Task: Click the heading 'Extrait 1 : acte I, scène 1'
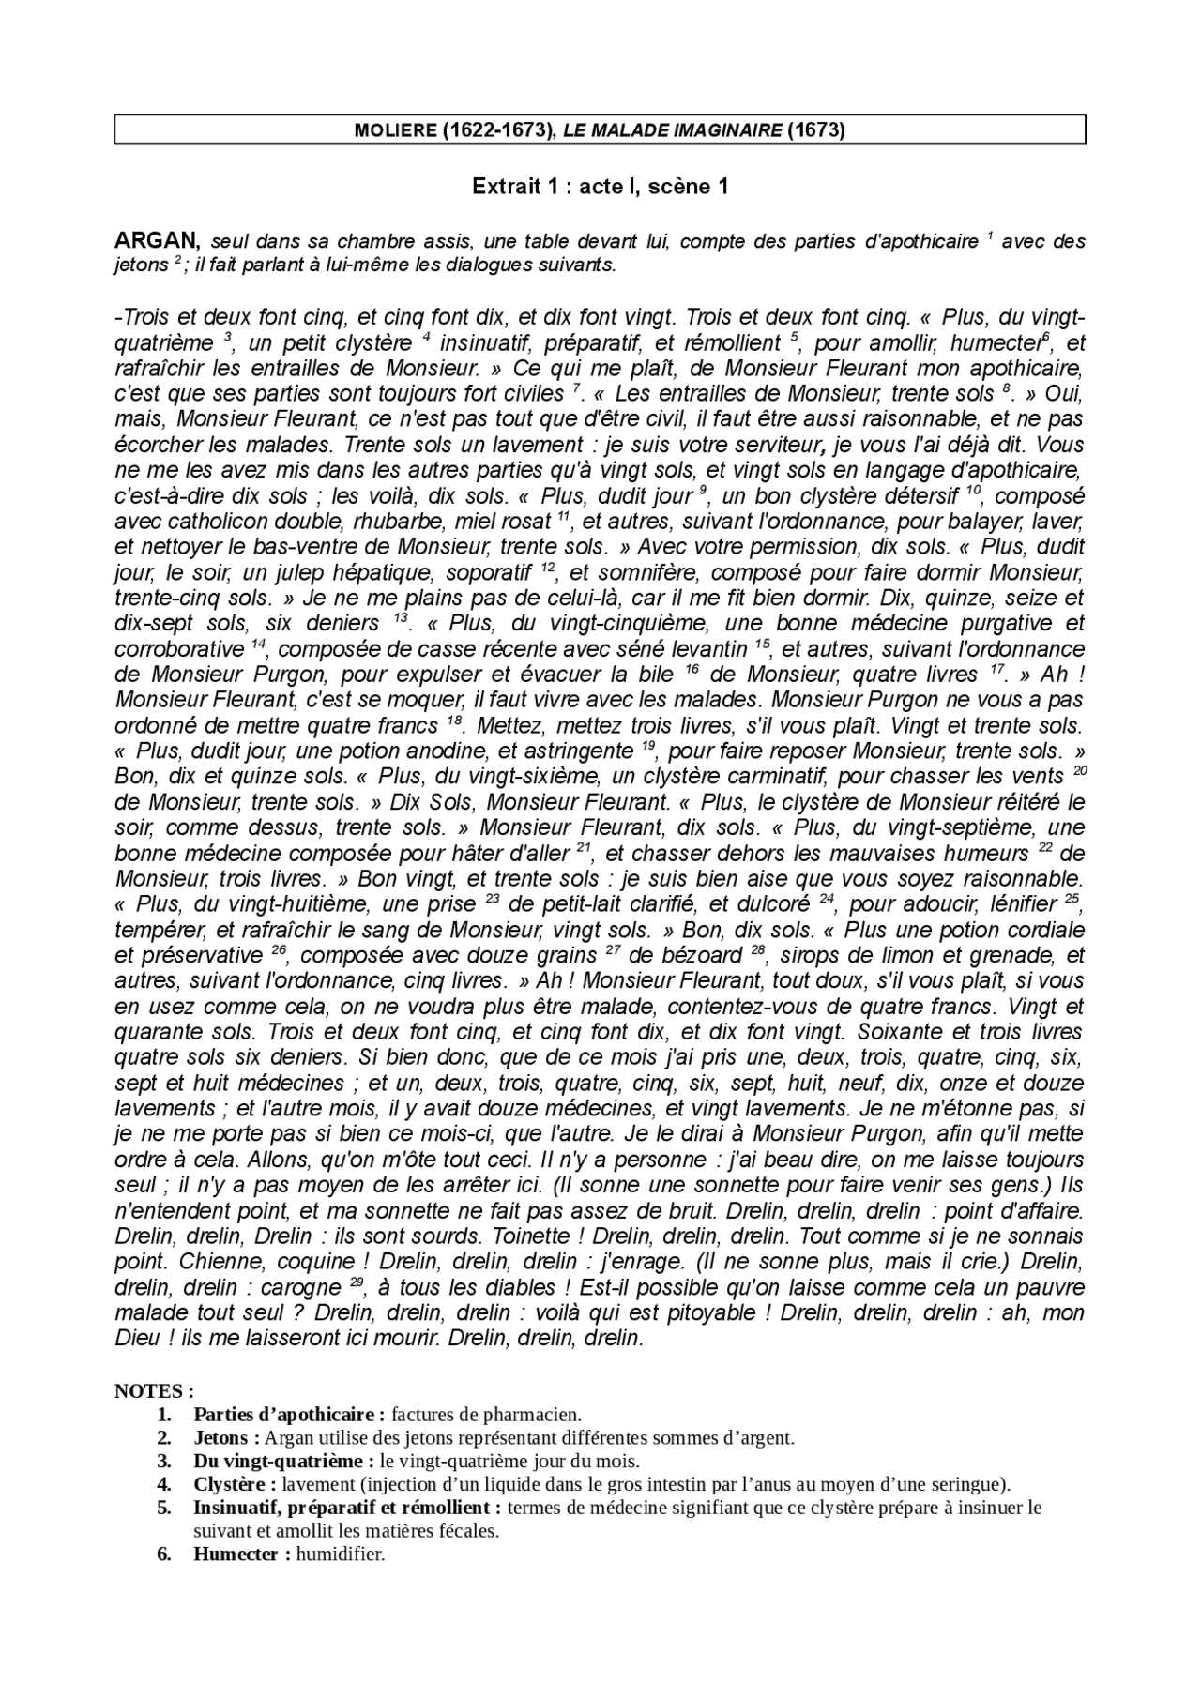600,187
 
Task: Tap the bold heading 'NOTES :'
154,1391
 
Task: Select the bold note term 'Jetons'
220,1438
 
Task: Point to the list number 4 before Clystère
164,1484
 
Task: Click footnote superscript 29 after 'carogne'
357,1282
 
